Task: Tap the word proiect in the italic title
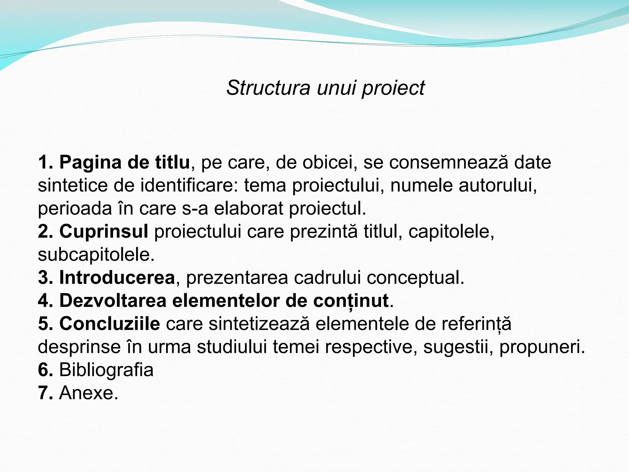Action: click(x=393, y=88)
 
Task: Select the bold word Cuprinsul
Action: click(x=104, y=231)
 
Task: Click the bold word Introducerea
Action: click(x=117, y=277)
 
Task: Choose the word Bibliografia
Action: click(x=106, y=370)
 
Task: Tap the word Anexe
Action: click(x=88, y=393)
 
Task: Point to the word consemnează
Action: click(x=449, y=162)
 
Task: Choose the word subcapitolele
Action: click(x=96, y=254)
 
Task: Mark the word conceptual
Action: click(x=415, y=278)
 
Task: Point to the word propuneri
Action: click(x=542, y=347)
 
